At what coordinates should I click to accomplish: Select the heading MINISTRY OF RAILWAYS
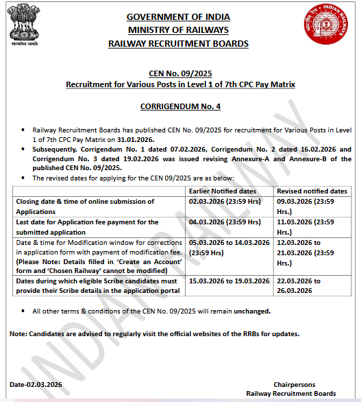(x=179, y=30)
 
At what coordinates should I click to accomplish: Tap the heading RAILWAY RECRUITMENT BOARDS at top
(x=179, y=44)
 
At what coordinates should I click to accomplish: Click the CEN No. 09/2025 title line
(x=180, y=73)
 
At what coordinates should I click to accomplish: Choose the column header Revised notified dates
(x=311, y=191)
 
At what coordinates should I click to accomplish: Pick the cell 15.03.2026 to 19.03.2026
(x=229, y=281)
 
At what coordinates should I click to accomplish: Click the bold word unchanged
(x=250, y=311)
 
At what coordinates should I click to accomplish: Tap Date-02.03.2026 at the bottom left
(x=36, y=384)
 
